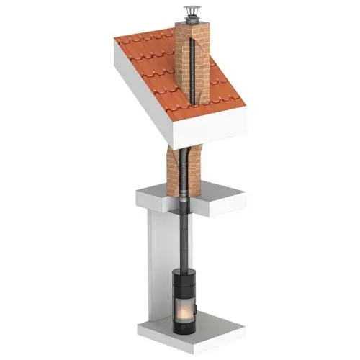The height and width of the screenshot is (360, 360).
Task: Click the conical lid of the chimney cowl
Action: point(192,10)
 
